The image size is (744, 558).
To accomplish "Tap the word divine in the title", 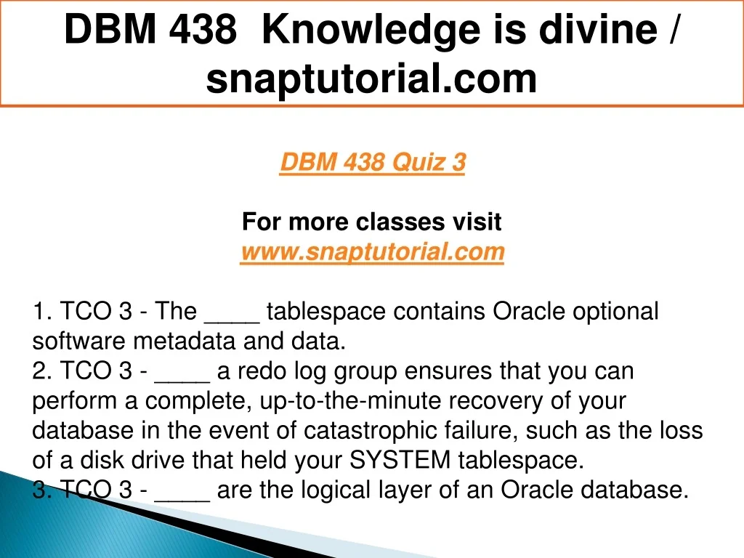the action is [x=598, y=29].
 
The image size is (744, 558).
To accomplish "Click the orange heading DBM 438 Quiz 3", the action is [x=373, y=162].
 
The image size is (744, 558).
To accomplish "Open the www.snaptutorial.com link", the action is [x=373, y=251].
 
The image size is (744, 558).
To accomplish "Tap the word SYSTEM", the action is [x=400, y=460].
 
